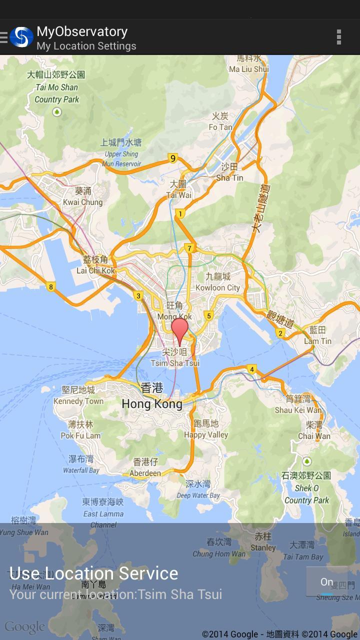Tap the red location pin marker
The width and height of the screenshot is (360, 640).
coord(179,329)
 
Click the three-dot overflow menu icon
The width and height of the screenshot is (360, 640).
coord(339,37)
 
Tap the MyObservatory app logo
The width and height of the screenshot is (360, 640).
coord(21,37)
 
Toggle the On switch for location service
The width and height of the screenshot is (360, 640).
coord(326,582)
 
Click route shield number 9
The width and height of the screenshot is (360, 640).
coord(173,158)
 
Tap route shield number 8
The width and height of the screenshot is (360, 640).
coord(50,286)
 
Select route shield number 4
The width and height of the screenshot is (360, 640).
coord(252,369)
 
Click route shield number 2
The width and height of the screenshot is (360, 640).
coord(280,333)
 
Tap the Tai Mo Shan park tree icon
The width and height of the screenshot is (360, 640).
coord(57,112)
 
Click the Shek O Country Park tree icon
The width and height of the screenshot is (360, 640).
coord(307,461)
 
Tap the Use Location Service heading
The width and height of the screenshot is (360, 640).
coord(94,573)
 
